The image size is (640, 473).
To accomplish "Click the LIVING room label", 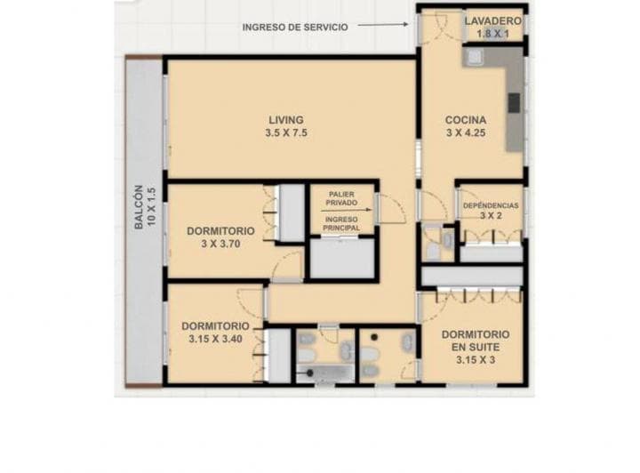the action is point(286,120).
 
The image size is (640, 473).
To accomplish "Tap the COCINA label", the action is point(466,120).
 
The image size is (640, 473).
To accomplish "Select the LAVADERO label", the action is point(493,20).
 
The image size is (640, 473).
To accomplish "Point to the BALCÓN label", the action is point(139,207).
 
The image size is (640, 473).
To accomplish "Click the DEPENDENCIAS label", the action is point(491,205).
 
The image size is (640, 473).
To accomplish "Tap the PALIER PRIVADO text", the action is point(341,198).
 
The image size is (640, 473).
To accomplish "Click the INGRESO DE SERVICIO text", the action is point(295,28).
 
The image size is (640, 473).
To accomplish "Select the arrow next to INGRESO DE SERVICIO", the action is point(383,25).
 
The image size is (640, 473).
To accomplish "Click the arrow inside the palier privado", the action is point(347,210).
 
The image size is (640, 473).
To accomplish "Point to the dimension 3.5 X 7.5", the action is point(286,132).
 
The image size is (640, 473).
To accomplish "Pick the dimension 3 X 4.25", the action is point(466,132).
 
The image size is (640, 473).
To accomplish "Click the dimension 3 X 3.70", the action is point(220,244).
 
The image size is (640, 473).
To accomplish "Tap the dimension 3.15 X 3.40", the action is point(215,339).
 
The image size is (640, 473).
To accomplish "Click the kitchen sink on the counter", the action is point(473,57).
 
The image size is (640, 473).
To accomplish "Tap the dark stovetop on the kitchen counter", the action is point(515,102).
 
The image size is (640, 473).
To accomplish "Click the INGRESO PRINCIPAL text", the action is point(341,224).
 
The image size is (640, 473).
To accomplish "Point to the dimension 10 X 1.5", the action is point(152,207).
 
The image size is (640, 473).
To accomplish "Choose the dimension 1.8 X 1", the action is point(493,34).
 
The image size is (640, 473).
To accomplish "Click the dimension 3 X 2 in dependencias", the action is point(491,215).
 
